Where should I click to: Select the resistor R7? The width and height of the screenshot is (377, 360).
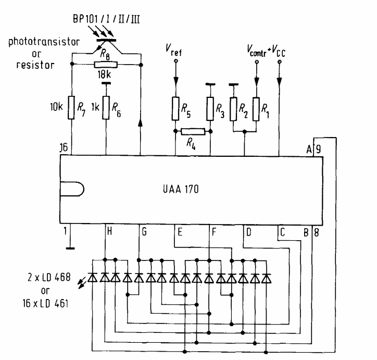71,107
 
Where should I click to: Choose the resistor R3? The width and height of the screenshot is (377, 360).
210,107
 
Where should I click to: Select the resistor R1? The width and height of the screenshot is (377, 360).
256,107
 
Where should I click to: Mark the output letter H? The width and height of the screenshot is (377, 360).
109,231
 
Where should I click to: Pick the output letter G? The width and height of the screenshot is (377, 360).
144,231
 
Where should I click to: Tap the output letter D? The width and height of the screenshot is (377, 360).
248,231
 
